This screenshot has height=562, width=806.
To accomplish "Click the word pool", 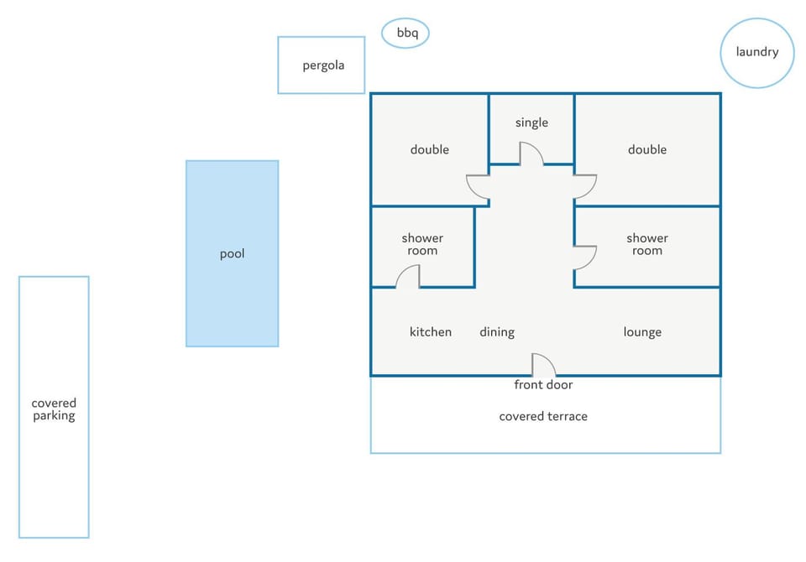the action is coord(233,254).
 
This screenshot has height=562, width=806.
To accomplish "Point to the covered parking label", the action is coord(54,409).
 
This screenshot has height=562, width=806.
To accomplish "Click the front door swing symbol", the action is coord(543,365).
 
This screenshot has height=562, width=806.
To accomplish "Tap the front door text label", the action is coord(543,385).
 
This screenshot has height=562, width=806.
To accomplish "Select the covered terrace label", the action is coord(543,416).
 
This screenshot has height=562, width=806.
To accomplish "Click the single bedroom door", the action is coord(531,154).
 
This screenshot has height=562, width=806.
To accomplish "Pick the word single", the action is coord(531,122).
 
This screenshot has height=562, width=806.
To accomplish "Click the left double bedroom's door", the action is coord(478,188).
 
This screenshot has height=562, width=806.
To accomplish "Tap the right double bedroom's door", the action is coord(585,186).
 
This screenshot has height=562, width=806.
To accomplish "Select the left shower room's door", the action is coord(408,276).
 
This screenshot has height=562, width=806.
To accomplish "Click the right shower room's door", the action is coord(585,258).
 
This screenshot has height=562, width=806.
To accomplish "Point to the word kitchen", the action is coord(431,332).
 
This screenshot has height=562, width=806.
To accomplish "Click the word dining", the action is coord(497,332).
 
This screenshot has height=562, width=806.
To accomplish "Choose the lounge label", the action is coord(642,332).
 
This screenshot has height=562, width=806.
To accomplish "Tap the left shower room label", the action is coord(422,245).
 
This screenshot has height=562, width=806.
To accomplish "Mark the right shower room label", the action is coord(647,245).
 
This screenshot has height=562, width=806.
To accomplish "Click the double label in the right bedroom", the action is coord(647,149).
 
